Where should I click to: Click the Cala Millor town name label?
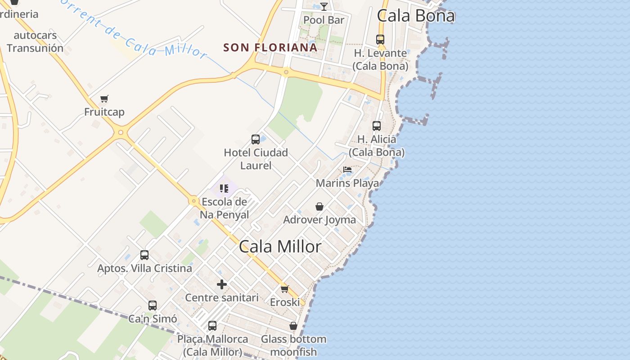[280, 247]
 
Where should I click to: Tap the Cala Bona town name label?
[416, 16]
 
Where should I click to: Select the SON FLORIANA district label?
[270, 47]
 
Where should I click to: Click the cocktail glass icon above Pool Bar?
[324, 6]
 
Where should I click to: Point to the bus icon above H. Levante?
[380, 40]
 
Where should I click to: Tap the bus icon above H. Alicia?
[377, 126]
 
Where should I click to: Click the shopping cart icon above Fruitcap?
[104, 99]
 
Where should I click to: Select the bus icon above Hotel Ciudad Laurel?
[256, 139]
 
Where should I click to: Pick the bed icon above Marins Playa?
[347, 170]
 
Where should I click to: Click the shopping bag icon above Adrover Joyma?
[319, 207]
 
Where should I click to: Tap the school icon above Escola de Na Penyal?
[224, 188]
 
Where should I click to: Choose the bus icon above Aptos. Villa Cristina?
[144, 255]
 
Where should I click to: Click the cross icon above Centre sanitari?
[222, 284]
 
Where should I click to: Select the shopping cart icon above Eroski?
[284, 289]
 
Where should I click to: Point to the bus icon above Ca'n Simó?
[153, 306]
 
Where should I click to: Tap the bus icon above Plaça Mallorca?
[212, 325]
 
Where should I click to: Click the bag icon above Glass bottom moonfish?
[293, 326]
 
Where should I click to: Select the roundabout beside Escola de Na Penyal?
[194, 201]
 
